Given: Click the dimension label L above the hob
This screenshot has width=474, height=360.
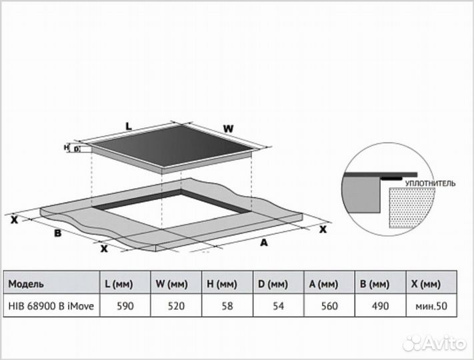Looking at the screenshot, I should point(129,125).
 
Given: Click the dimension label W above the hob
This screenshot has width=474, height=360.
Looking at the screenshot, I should point(227,127).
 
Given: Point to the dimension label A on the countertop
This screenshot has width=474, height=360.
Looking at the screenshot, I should point(263,243).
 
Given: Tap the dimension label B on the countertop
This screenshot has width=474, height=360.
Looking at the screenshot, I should point(58,233).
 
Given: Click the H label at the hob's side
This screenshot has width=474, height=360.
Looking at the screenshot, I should point(67,147).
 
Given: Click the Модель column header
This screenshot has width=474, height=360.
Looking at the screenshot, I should point(27,284).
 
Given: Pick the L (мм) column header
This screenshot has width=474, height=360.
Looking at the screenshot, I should point(120,284).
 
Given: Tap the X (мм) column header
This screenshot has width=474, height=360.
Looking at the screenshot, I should point(427,284).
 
